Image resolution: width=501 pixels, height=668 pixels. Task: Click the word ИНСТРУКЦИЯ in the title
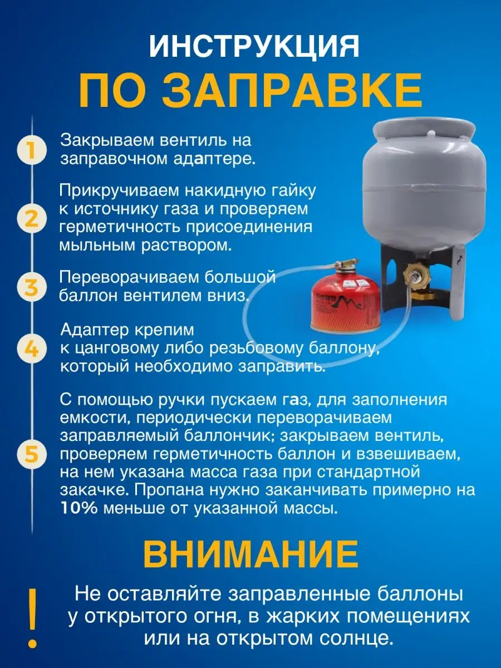click(254, 48)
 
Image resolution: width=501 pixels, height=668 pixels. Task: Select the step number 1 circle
click(31, 150)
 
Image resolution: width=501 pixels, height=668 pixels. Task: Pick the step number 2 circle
click(31, 219)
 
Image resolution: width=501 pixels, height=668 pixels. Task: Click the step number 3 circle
click(31, 287)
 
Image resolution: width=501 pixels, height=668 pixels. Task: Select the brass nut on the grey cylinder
click(416, 275)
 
